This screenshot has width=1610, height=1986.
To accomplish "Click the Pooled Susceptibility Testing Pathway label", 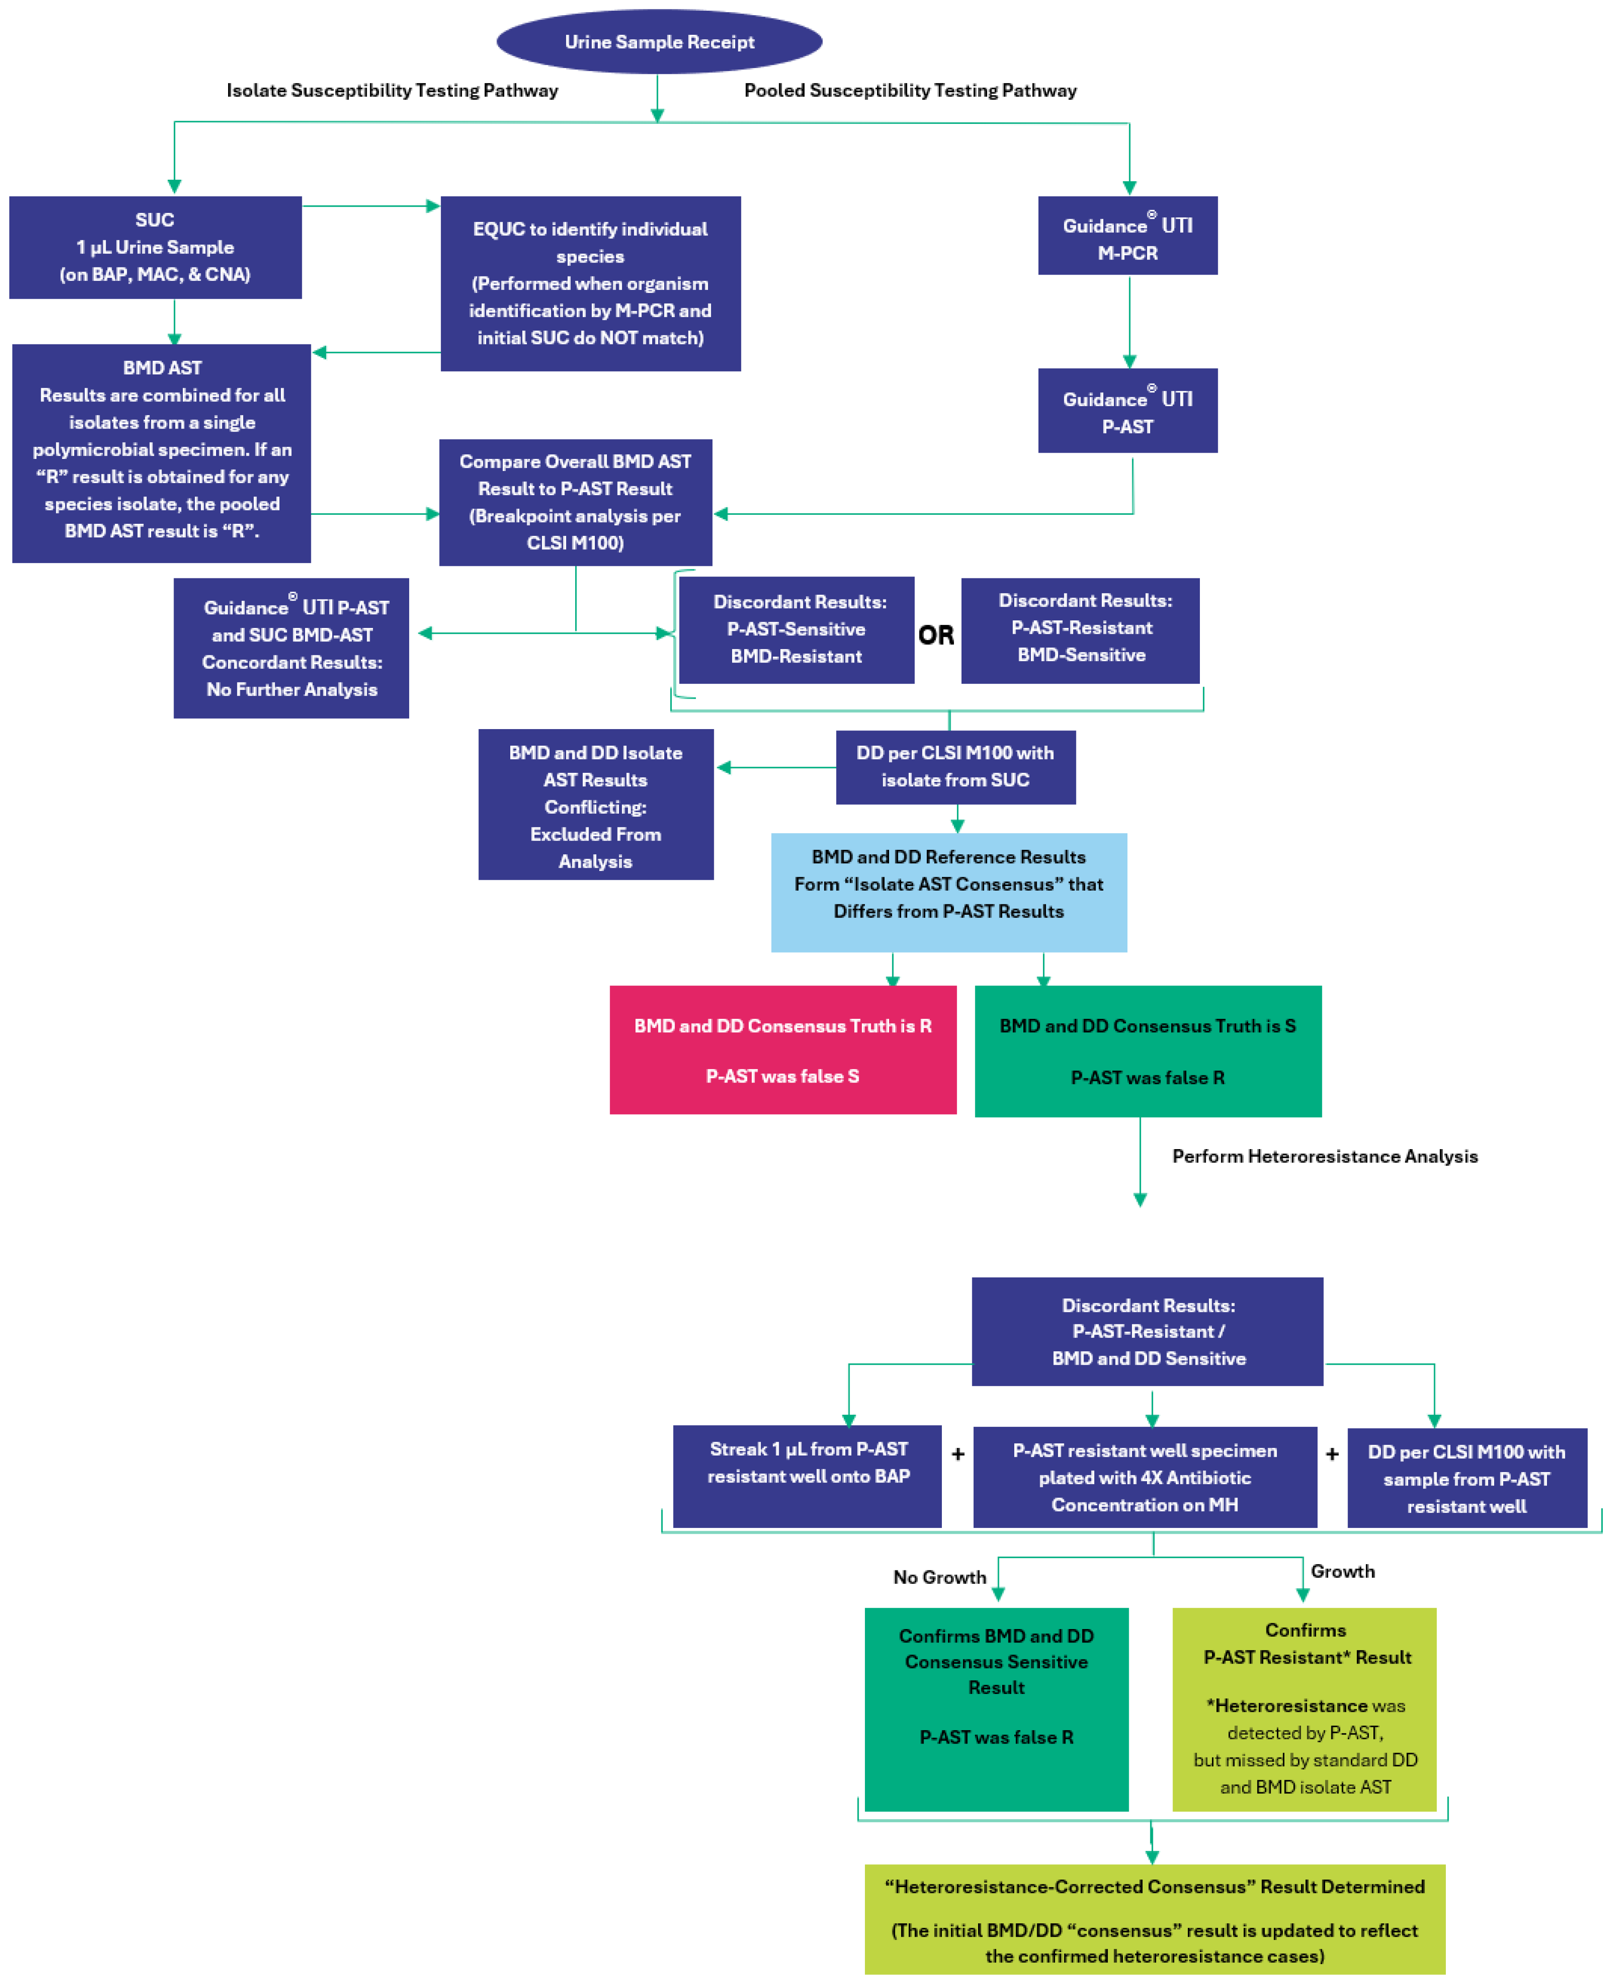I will click(x=910, y=90).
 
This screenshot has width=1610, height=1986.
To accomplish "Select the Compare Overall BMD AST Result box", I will click(x=575, y=502).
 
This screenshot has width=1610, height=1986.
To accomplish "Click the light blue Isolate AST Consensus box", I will click(x=949, y=891).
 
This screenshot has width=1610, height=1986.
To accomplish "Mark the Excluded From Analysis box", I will click(x=595, y=804).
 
